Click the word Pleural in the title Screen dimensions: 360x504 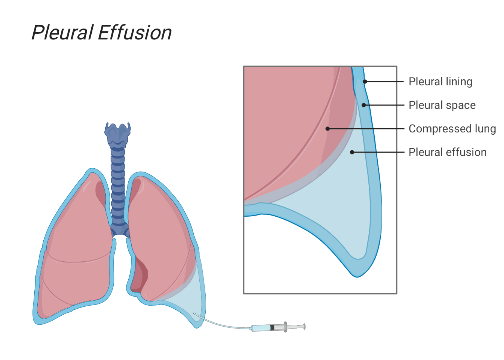pyautogui.click(x=62, y=33)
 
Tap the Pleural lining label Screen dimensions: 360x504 pyautogui.click(x=440, y=81)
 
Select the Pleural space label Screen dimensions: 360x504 pyautogui.click(x=441, y=105)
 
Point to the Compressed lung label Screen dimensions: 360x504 pyautogui.click(x=452, y=129)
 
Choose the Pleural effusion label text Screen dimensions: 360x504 pyautogui.click(x=447, y=153)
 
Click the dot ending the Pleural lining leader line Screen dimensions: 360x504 pyautogui.click(x=364, y=81)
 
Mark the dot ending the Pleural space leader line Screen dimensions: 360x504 pyautogui.click(x=366, y=105)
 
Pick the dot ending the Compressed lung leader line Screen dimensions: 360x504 pyautogui.click(x=328, y=129)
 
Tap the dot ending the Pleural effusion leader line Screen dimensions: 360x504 pyautogui.click(x=352, y=153)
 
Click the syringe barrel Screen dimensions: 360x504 pyautogui.click(x=261, y=328)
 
